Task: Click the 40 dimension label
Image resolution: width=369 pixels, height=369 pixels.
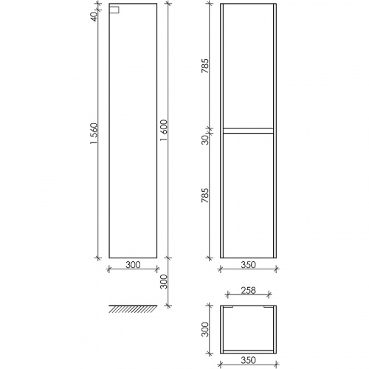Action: pos(94,16)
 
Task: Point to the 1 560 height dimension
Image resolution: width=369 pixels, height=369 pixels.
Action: pos(94,134)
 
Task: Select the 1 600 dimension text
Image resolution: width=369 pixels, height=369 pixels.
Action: pos(164,131)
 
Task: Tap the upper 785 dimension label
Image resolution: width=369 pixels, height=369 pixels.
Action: pos(204,66)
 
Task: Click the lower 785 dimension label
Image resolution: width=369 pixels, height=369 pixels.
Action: pos(204,196)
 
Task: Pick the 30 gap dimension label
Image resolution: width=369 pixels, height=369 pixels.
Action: pos(204,140)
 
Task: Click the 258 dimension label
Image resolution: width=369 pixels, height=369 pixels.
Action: pos(248,291)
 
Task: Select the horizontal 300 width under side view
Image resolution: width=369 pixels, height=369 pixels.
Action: pos(133,265)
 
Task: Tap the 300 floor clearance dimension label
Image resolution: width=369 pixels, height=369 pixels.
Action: pos(164,282)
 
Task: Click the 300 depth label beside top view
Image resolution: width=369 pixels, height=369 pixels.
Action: pos(204,329)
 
